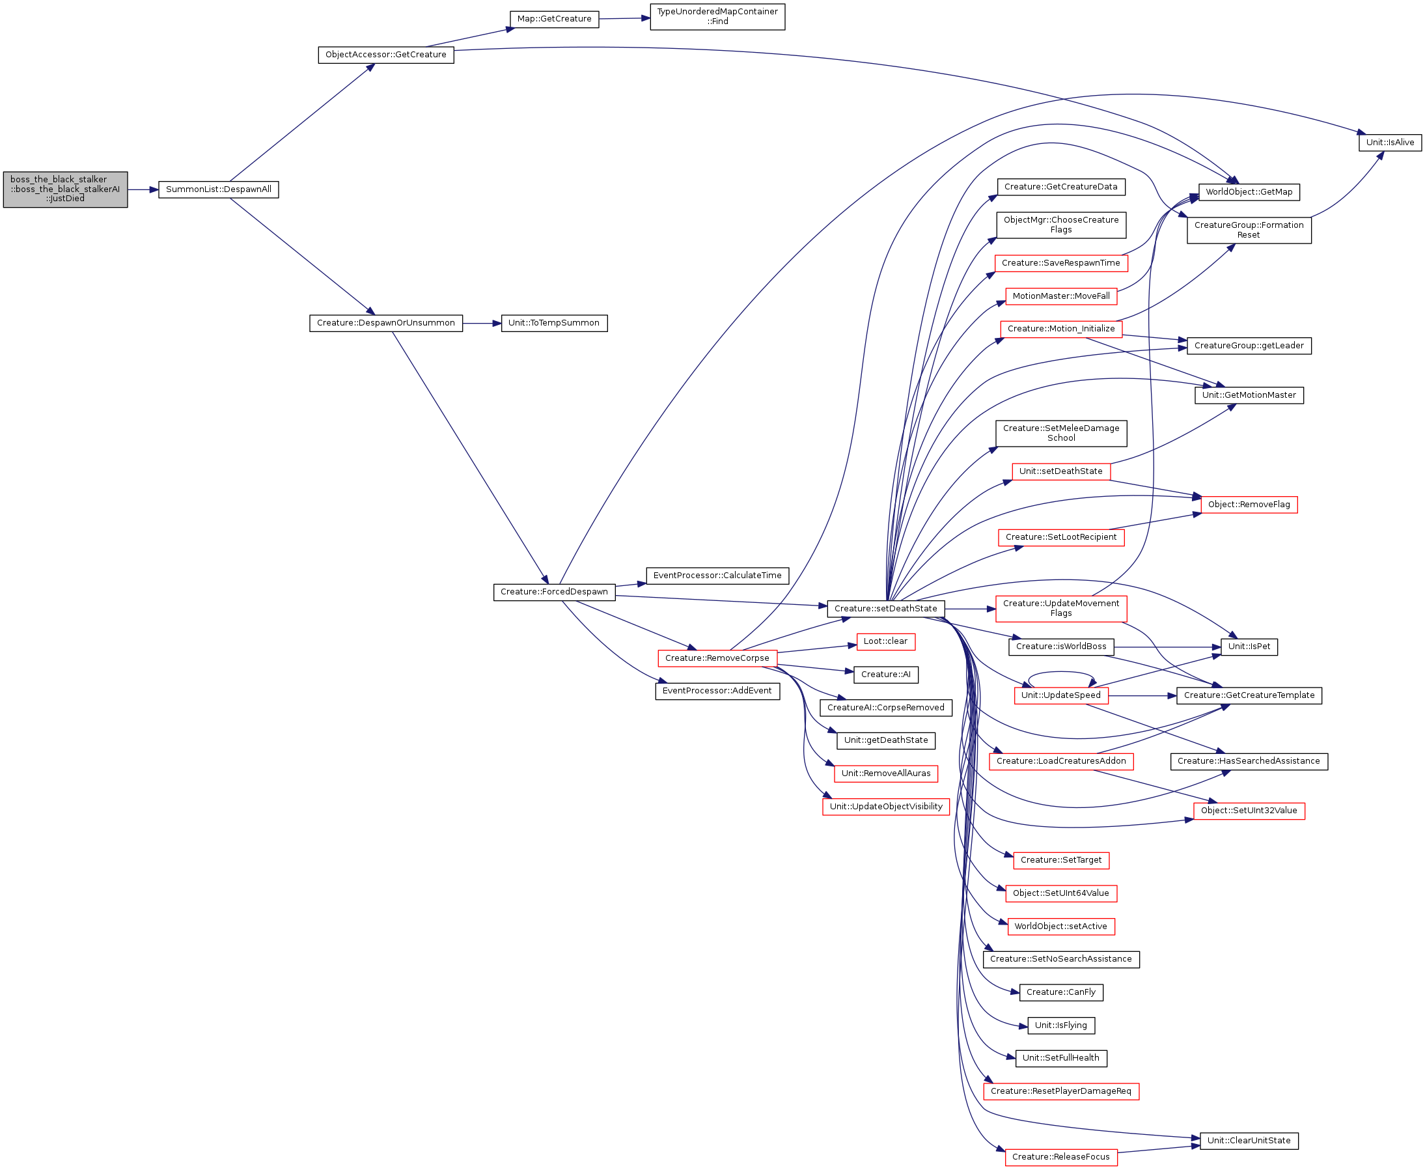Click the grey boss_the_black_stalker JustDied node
click(65, 189)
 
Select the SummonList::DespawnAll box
click(218, 189)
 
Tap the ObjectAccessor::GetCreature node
click(386, 55)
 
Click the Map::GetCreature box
click(554, 19)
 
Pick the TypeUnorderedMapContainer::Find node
click(717, 17)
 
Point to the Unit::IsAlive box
click(1390, 143)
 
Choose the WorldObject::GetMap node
click(1249, 192)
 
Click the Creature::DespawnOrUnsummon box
click(386, 324)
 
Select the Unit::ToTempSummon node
click(554, 324)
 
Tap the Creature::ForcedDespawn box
click(555, 592)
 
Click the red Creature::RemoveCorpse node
click(717, 658)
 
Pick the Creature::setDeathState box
click(886, 609)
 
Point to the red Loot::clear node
click(886, 641)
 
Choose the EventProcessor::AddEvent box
click(717, 691)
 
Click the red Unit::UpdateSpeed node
click(1061, 695)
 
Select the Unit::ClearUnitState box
click(1249, 1141)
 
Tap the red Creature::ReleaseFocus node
click(1061, 1157)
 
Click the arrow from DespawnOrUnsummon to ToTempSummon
click(482, 324)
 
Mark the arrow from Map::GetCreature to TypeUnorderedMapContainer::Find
click(624, 19)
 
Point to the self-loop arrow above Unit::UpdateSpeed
click(1062, 672)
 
